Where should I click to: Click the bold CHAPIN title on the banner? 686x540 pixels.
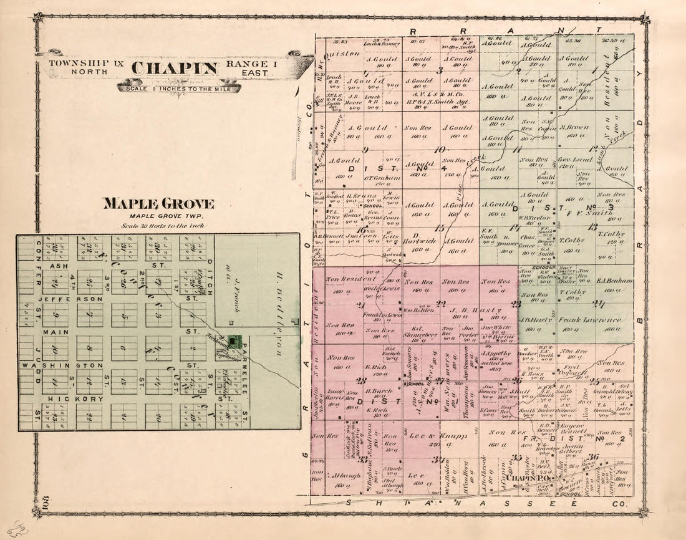tap(175, 68)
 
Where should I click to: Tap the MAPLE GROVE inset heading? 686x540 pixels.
tap(158, 204)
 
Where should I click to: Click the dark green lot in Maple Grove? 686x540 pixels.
tap(234, 341)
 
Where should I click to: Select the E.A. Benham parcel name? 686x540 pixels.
tap(615, 281)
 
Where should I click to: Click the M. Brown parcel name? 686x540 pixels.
tap(575, 127)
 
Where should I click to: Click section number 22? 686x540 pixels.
tap(440, 304)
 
